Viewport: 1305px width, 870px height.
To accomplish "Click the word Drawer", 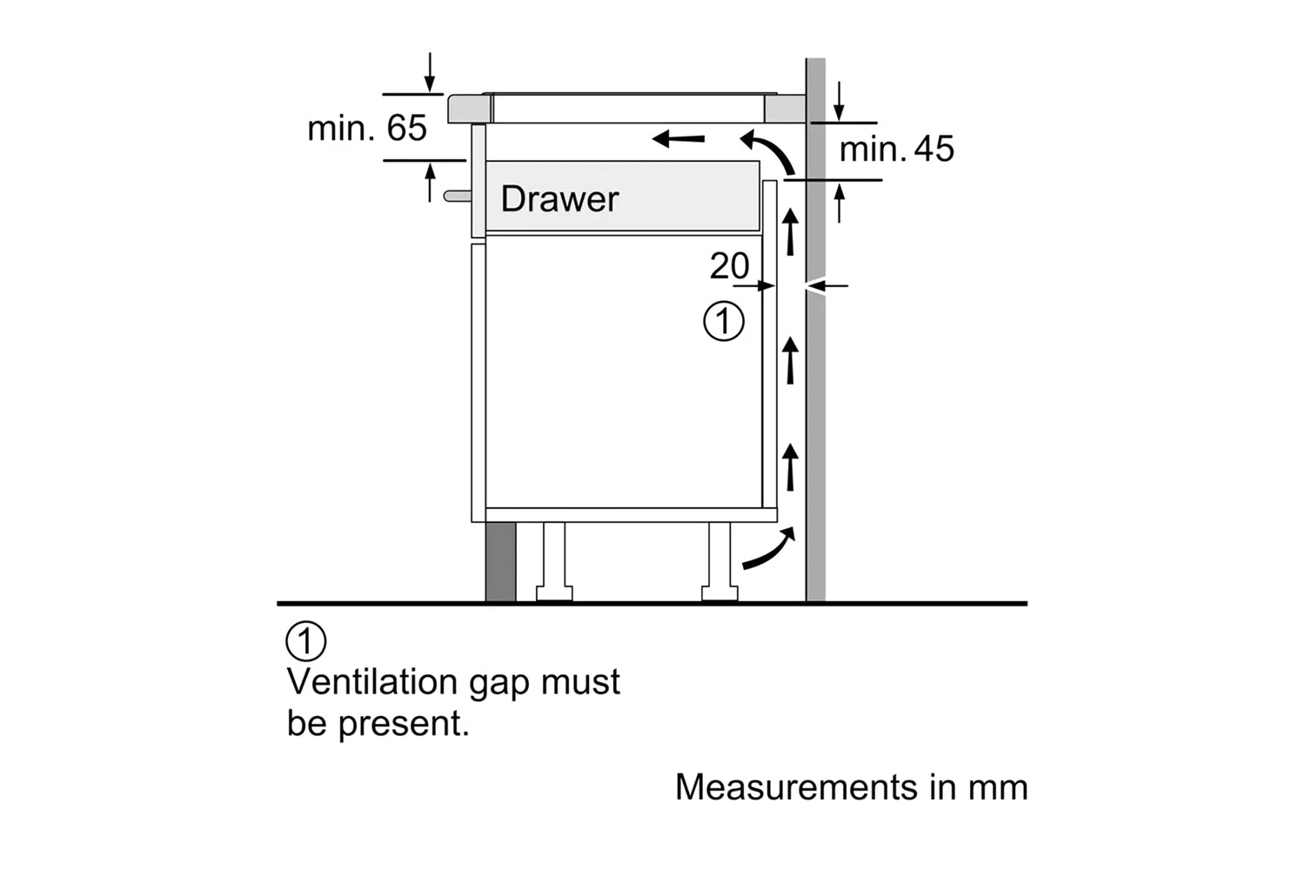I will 559,199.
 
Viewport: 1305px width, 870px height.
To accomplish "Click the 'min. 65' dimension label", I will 367,129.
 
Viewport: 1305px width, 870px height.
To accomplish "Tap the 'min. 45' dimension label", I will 896,150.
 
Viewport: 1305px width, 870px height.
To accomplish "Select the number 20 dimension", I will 728,266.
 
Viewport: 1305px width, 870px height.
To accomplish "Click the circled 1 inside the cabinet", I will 723,321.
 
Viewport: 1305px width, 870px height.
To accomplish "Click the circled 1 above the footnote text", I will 305,642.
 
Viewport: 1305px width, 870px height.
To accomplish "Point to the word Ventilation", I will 372,681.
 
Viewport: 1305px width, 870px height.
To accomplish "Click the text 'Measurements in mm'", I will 851,787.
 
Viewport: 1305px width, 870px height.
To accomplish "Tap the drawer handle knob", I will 455,196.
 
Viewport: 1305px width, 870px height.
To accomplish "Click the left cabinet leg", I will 554,561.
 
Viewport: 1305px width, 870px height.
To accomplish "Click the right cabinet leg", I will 719,561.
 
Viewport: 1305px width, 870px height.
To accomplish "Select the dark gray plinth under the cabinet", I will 500,562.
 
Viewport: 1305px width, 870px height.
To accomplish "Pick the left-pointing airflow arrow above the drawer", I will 679,137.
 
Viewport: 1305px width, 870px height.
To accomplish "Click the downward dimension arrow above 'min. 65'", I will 430,74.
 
